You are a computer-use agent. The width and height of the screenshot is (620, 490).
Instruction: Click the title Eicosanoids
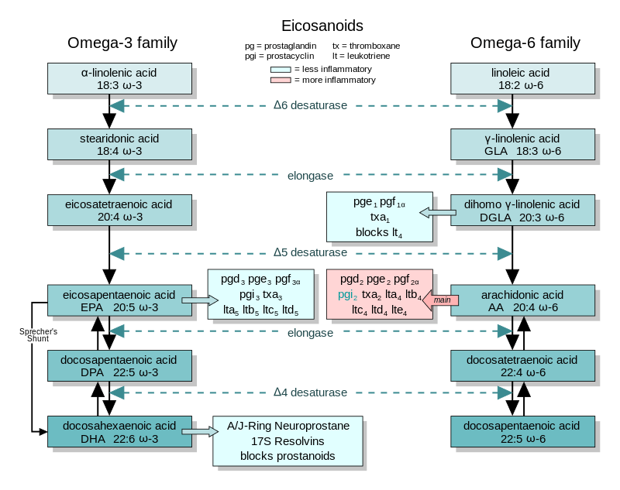point(322,26)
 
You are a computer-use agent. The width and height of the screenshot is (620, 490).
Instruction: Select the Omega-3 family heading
point(122,43)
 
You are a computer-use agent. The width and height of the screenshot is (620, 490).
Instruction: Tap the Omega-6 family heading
point(525,43)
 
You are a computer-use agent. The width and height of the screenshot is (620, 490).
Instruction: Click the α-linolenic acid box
point(119,79)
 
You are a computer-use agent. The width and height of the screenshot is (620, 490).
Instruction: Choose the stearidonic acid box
point(119,144)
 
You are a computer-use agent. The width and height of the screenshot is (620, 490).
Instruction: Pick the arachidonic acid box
point(522,300)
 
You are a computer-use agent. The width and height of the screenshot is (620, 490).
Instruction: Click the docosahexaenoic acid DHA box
point(119,432)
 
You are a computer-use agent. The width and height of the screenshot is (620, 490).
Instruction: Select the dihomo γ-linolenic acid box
point(522,210)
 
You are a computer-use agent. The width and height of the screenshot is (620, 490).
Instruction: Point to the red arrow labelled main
point(440,300)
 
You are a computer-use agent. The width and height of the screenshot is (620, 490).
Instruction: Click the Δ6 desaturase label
point(310,105)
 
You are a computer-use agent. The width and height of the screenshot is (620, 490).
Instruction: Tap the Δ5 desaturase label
point(310,252)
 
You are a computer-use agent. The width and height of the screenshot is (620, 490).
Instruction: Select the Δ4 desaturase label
point(310,392)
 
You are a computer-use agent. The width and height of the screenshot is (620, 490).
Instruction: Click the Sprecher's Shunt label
point(38,335)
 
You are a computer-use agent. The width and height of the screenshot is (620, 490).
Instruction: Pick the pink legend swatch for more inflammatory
point(281,81)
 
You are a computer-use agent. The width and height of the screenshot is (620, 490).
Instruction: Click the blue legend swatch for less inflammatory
point(281,70)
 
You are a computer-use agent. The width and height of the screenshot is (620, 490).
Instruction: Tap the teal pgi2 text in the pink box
point(347,295)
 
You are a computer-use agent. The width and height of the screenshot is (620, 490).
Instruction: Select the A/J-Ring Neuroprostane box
point(288,441)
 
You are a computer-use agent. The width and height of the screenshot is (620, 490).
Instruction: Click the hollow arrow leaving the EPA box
point(200,300)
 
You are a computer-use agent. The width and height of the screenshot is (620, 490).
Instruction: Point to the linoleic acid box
point(522,79)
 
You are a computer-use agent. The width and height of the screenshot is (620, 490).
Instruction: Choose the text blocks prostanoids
point(288,456)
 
